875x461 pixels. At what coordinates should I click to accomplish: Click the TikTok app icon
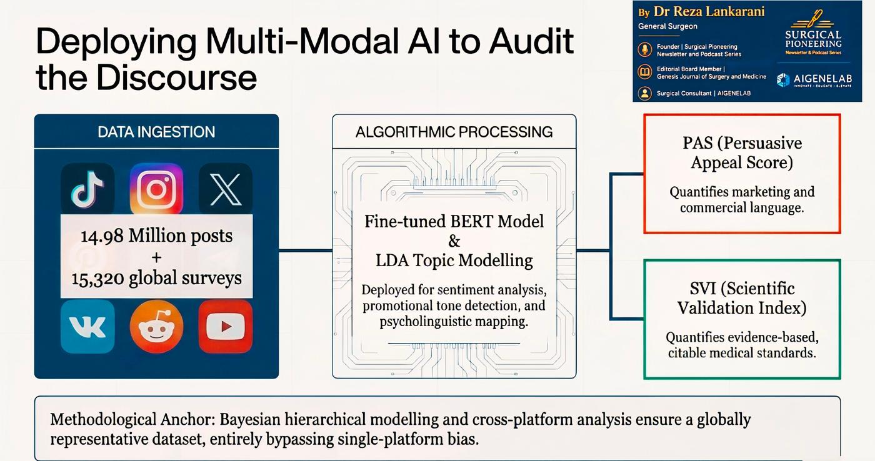tap(87, 189)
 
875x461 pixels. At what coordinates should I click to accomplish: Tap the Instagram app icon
tap(156, 189)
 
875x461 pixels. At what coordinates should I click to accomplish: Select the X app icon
tap(226, 189)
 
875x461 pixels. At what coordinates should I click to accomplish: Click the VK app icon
tap(87, 326)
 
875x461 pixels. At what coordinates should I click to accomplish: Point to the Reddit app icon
tap(156, 326)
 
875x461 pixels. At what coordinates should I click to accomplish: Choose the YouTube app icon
tap(226, 326)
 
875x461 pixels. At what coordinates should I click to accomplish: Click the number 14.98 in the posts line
tap(102, 236)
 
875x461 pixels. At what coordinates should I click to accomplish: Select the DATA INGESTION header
tap(156, 132)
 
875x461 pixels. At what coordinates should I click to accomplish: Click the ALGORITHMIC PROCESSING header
tap(454, 132)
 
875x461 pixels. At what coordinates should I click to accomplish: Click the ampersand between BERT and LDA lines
tap(454, 241)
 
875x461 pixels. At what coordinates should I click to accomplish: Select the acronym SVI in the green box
tap(702, 289)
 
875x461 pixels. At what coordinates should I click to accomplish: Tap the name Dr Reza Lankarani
tap(709, 12)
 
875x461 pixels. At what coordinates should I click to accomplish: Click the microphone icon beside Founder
tap(645, 49)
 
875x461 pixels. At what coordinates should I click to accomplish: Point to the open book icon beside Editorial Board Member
tap(645, 72)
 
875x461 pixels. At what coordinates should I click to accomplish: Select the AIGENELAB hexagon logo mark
tap(783, 79)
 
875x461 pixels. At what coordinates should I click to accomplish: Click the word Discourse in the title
tap(176, 77)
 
